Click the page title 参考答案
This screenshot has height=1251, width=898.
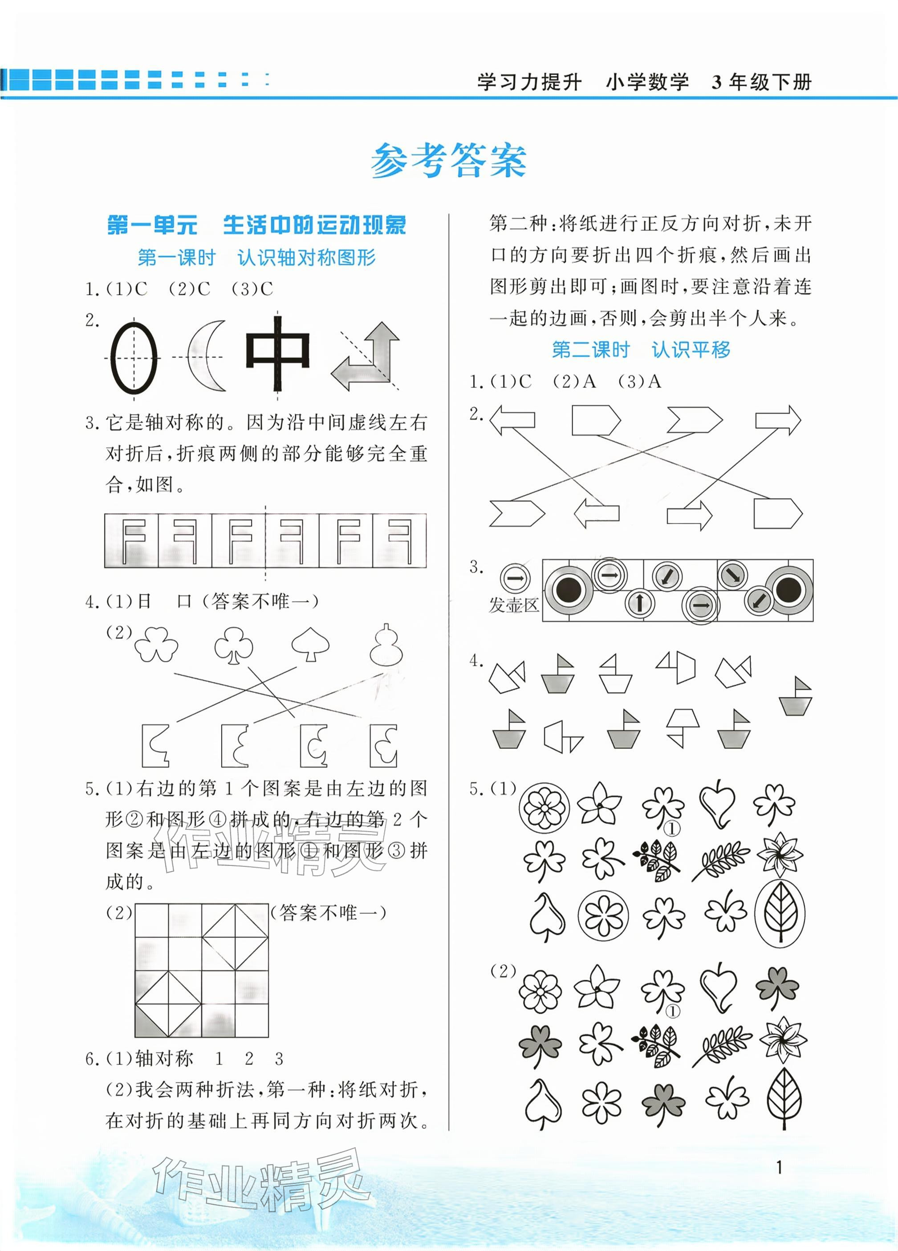tap(448, 161)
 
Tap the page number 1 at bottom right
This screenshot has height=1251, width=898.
tap(779, 1167)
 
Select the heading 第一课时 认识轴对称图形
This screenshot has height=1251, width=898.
tap(256, 258)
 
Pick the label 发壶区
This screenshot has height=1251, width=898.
tap(513, 605)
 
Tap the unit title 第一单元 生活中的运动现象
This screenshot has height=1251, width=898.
tap(256, 225)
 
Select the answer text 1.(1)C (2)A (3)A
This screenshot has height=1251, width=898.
tap(565, 382)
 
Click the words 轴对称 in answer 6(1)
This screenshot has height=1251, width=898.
tap(164, 1059)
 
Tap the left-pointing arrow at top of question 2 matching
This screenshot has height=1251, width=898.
tap(512, 419)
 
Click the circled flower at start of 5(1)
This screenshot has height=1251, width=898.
tap(544, 808)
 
